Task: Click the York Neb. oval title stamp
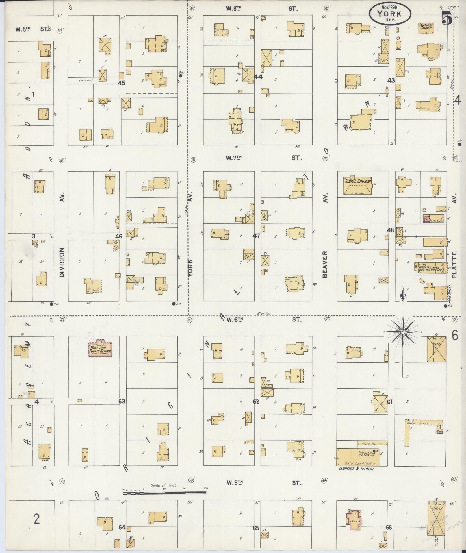click(390, 14)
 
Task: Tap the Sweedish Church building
click(426, 27)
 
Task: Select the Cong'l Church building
click(357, 185)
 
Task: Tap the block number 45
click(122, 83)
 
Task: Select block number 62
click(256, 401)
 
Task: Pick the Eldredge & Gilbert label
click(357, 469)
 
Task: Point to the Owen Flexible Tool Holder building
click(430, 268)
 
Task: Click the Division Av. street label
click(62, 262)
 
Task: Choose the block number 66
click(389, 527)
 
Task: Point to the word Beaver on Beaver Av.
click(325, 264)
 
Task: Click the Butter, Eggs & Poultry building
click(358, 457)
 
